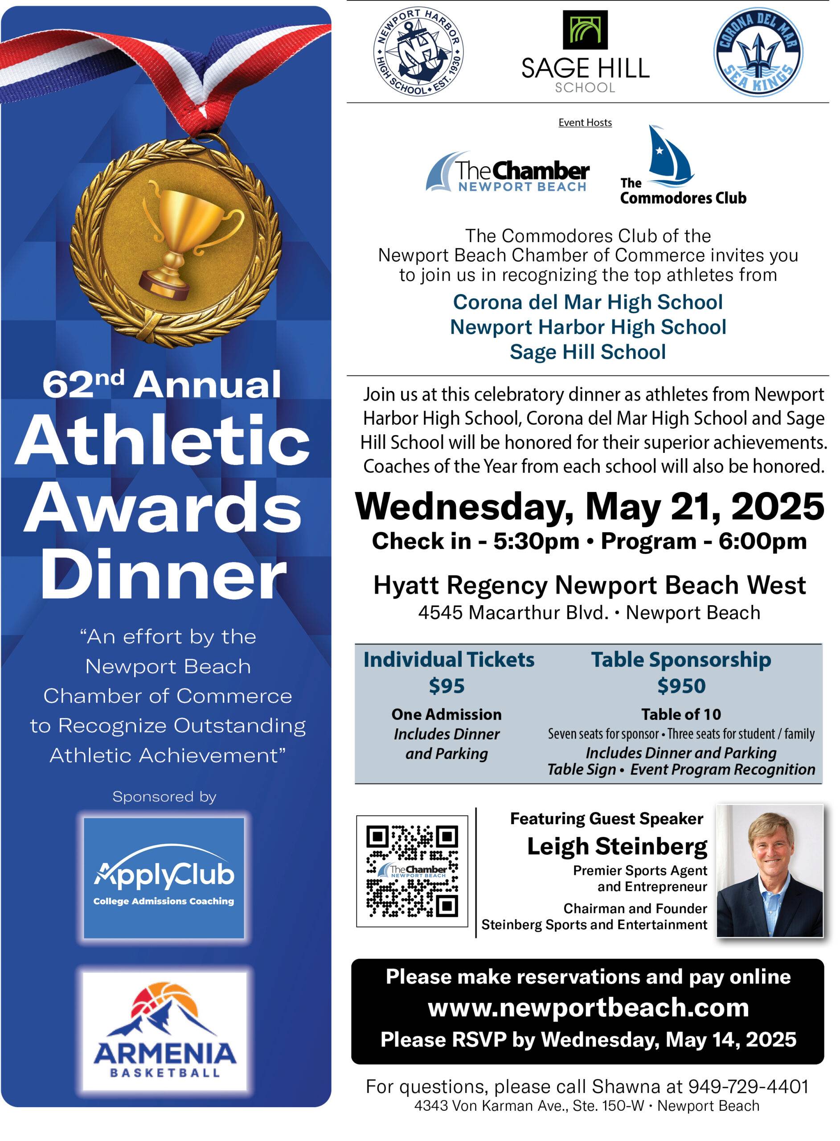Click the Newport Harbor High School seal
(x=418, y=51)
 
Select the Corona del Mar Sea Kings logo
(x=758, y=51)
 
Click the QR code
(x=412, y=871)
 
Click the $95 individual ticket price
(x=447, y=685)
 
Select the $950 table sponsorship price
(x=681, y=685)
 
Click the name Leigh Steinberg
(x=617, y=846)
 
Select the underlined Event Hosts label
(x=585, y=123)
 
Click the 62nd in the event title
(x=83, y=384)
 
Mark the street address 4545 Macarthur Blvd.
(x=513, y=613)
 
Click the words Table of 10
(x=681, y=714)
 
